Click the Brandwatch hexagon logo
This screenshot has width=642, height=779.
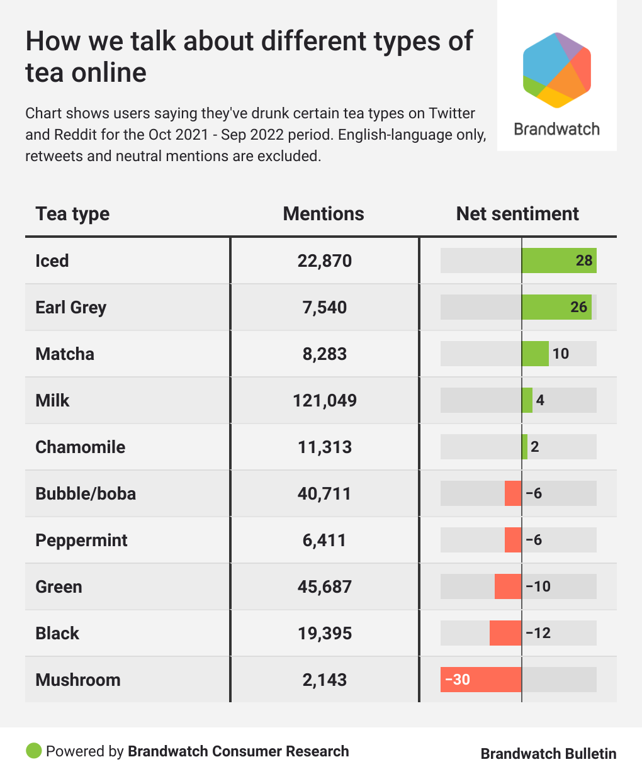(556, 70)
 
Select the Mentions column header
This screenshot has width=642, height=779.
(324, 214)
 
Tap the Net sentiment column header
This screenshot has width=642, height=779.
(517, 214)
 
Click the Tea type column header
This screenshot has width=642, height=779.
(72, 214)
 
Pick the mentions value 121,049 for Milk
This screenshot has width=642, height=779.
(325, 400)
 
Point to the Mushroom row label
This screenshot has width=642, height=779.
(78, 680)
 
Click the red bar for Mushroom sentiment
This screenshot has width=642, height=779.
(481, 680)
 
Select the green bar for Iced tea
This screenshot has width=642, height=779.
(559, 261)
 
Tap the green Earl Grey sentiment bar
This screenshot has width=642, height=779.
(556, 307)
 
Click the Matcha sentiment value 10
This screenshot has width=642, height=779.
(560, 354)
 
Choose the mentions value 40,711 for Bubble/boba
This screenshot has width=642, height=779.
(325, 493)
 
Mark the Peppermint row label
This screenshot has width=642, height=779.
(81, 540)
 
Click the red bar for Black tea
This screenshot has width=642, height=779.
(505, 633)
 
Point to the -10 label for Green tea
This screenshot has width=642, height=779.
(538, 586)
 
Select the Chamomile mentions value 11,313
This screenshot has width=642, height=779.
(325, 447)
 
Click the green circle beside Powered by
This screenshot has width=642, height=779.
(33, 751)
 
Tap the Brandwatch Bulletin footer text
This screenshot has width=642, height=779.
(548, 753)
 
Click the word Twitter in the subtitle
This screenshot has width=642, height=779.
(452, 113)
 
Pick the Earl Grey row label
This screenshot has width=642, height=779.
(71, 307)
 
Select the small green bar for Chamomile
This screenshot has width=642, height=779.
(525, 447)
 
